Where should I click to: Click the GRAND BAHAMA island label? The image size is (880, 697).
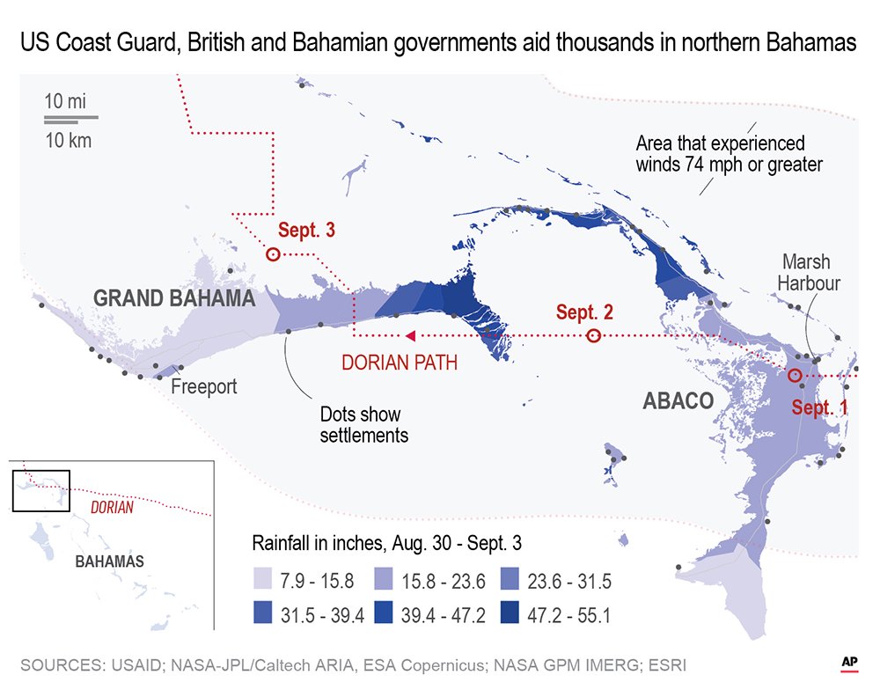pyautogui.click(x=174, y=298)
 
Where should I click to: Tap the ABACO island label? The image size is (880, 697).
pyautogui.click(x=678, y=400)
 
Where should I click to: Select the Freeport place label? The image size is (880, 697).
pyautogui.click(x=204, y=386)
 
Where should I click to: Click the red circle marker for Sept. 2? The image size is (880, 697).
pyautogui.click(x=594, y=335)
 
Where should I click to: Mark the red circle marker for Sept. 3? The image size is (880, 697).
pyautogui.click(x=273, y=253)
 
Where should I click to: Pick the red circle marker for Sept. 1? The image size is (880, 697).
pyautogui.click(x=794, y=376)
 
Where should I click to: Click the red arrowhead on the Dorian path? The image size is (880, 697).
pyautogui.click(x=410, y=335)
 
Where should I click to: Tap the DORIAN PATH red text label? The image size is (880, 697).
pyautogui.click(x=399, y=362)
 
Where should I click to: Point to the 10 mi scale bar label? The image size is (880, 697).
pyautogui.click(x=67, y=101)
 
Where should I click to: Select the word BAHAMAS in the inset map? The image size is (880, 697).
pyautogui.click(x=109, y=561)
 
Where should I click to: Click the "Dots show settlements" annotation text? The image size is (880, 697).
pyautogui.click(x=363, y=424)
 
